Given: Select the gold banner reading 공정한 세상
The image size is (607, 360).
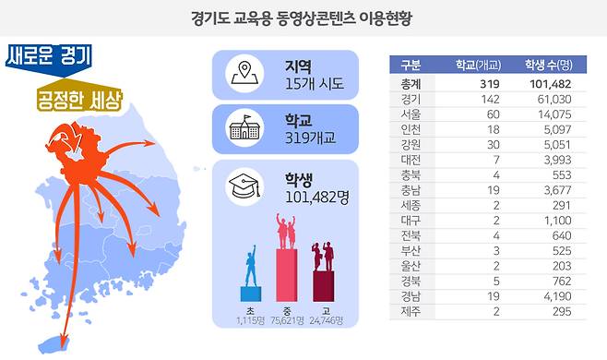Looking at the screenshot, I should tap(79, 100).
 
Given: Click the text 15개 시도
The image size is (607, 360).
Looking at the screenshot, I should tap(315, 85).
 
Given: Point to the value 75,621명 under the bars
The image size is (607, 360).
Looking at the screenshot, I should tap(287, 321).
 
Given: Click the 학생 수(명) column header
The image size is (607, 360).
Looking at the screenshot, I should tap(548, 65).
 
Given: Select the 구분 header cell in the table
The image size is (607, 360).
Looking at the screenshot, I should tap(411, 65).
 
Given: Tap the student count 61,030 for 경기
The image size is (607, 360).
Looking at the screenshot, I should tap(553, 99).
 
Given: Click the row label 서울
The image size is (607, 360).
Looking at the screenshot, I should tap(411, 114).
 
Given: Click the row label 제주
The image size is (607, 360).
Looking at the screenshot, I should tap(411, 312).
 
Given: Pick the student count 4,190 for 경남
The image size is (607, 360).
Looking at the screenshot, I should tap(557, 296).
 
